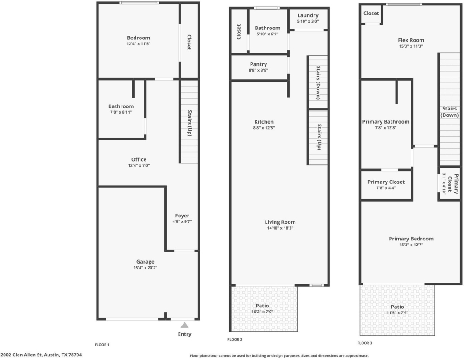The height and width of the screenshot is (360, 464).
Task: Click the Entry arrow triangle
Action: coord(185,326)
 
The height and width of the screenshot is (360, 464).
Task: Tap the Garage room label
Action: coord(145,261)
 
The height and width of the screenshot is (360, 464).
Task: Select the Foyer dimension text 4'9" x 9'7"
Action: coord(182,221)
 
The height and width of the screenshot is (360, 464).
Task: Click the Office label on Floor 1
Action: coord(139,159)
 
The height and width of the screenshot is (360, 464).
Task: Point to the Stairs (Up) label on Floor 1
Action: coord(190,123)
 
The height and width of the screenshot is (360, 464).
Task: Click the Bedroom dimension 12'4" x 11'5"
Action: coord(139,44)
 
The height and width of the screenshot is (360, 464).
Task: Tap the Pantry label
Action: coord(258,64)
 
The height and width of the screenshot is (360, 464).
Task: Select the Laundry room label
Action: coord(308,15)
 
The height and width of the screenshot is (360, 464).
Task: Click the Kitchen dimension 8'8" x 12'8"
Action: coord(264,128)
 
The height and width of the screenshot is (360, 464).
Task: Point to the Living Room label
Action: coord(280,222)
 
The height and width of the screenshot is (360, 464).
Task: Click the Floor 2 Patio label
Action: coord(262,306)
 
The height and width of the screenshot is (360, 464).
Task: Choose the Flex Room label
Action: coord(411,40)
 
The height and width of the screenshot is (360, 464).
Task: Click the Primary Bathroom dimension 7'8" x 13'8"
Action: coord(386,128)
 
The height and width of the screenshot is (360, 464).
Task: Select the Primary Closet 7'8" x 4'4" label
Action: coord(386,182)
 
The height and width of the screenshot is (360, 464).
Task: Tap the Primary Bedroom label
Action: coord(411,239)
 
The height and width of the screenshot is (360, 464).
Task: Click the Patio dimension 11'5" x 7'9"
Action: coord(397,313)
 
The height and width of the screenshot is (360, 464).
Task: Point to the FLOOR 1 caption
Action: coord(102,345)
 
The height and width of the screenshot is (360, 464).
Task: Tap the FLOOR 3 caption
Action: coord(365,343)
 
